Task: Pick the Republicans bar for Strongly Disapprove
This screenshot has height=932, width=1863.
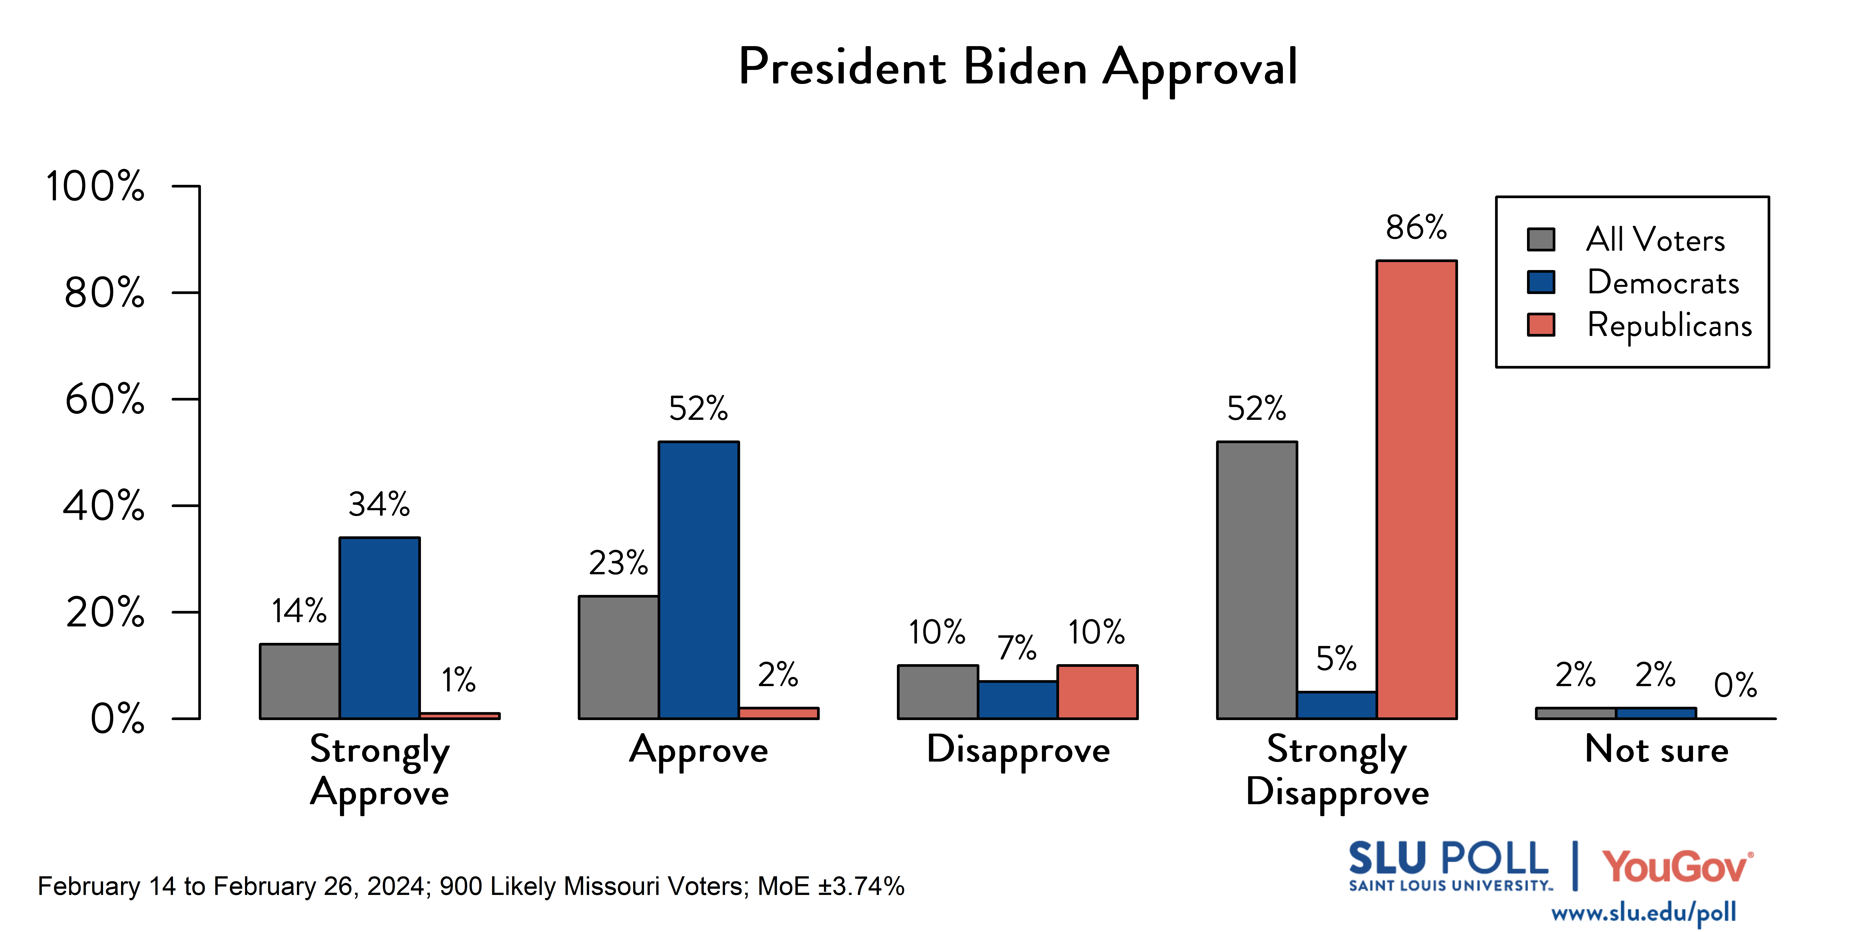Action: (x=1416, y=489)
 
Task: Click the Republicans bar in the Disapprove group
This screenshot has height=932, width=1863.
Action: (x=1097, y=692)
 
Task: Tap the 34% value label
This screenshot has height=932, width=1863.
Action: (x=379, y=504)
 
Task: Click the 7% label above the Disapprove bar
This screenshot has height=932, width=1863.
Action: (x=1017, y=648)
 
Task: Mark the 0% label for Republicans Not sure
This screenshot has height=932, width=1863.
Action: (x=1735, y=685)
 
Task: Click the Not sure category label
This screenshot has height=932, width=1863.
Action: (x=1656, y=750)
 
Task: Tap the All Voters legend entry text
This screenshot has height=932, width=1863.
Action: (x=1655, y=239)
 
